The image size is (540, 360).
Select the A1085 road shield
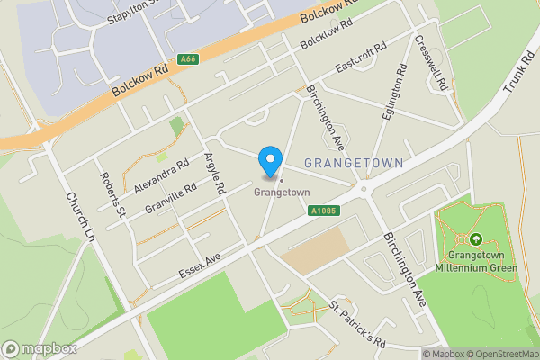[324, 211]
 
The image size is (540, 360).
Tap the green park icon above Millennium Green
[475, 239]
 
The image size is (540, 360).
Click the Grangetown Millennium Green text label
[475, 260]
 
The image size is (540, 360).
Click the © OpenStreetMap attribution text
[499, 354]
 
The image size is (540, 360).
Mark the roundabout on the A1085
[364, 189]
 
